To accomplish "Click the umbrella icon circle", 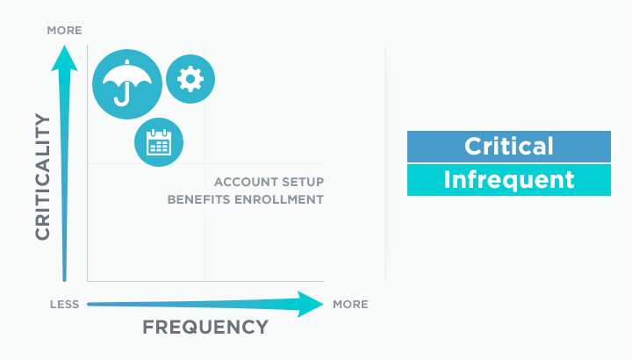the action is point(127,84).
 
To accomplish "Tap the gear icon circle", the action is point(190,79).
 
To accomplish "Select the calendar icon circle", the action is point(159,142).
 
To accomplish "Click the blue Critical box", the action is point(508,147).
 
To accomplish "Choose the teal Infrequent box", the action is point(508,180).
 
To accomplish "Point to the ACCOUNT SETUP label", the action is point(269,182).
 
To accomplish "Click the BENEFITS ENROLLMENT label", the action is point(246,199).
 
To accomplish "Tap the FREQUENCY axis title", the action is point(205,327).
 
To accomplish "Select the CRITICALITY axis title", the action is point(43,176).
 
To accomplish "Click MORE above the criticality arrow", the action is point(64,30).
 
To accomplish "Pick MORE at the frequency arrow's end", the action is point(350,305).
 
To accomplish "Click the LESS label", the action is point(64,305).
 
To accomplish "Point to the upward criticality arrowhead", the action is point(64,59).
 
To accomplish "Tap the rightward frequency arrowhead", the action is point(311,304).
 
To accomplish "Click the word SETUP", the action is point(303,182).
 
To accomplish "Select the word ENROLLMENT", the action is point(279,199).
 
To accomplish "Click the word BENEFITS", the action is point(199,199).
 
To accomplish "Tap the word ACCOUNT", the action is point(246,182).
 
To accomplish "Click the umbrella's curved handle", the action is point(122,97).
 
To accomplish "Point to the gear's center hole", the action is point(190,79).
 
